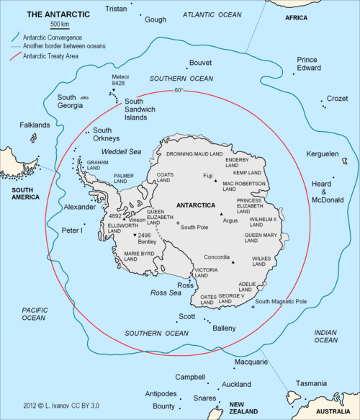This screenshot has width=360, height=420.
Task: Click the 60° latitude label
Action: (179, 91)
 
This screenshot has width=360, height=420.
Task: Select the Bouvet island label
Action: (200, 63)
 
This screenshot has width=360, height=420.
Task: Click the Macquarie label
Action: (251, 361)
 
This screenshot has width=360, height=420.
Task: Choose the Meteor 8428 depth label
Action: (120, 80)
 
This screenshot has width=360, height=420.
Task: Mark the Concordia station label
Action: (217, 257)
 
